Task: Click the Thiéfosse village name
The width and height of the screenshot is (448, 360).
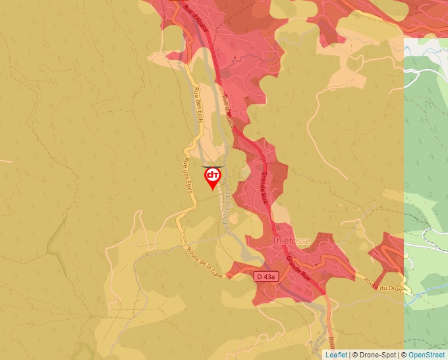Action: [291, 242]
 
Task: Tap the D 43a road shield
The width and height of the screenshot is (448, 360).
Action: [266, 278]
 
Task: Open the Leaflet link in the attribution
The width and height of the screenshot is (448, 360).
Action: [336, 355]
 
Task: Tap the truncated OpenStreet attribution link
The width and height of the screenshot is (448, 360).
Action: [427, 355]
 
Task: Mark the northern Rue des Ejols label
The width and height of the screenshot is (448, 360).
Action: [197, 103]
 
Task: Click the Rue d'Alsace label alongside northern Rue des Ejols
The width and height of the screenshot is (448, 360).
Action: [228, 110]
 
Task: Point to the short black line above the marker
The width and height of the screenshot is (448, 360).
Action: [212, 167]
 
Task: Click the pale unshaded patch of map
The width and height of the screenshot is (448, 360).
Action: [425, 46]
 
